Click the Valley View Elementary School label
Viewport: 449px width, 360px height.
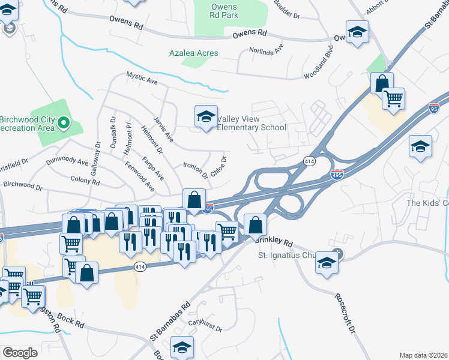[x=251, y=123]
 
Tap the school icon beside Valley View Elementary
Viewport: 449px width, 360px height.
[x=205, y=116]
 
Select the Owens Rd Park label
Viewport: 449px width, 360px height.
[x=224, y=11]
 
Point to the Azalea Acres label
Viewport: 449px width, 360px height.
[x=193, y=53]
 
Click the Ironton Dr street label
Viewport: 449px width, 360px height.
[x=195, y=171]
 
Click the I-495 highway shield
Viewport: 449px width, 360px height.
[x=337, y=175]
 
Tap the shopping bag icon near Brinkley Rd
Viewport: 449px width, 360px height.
[x=255, y=225]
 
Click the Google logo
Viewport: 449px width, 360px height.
[x=20, y=353]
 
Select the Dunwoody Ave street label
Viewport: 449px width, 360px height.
[x=67, y=163]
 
